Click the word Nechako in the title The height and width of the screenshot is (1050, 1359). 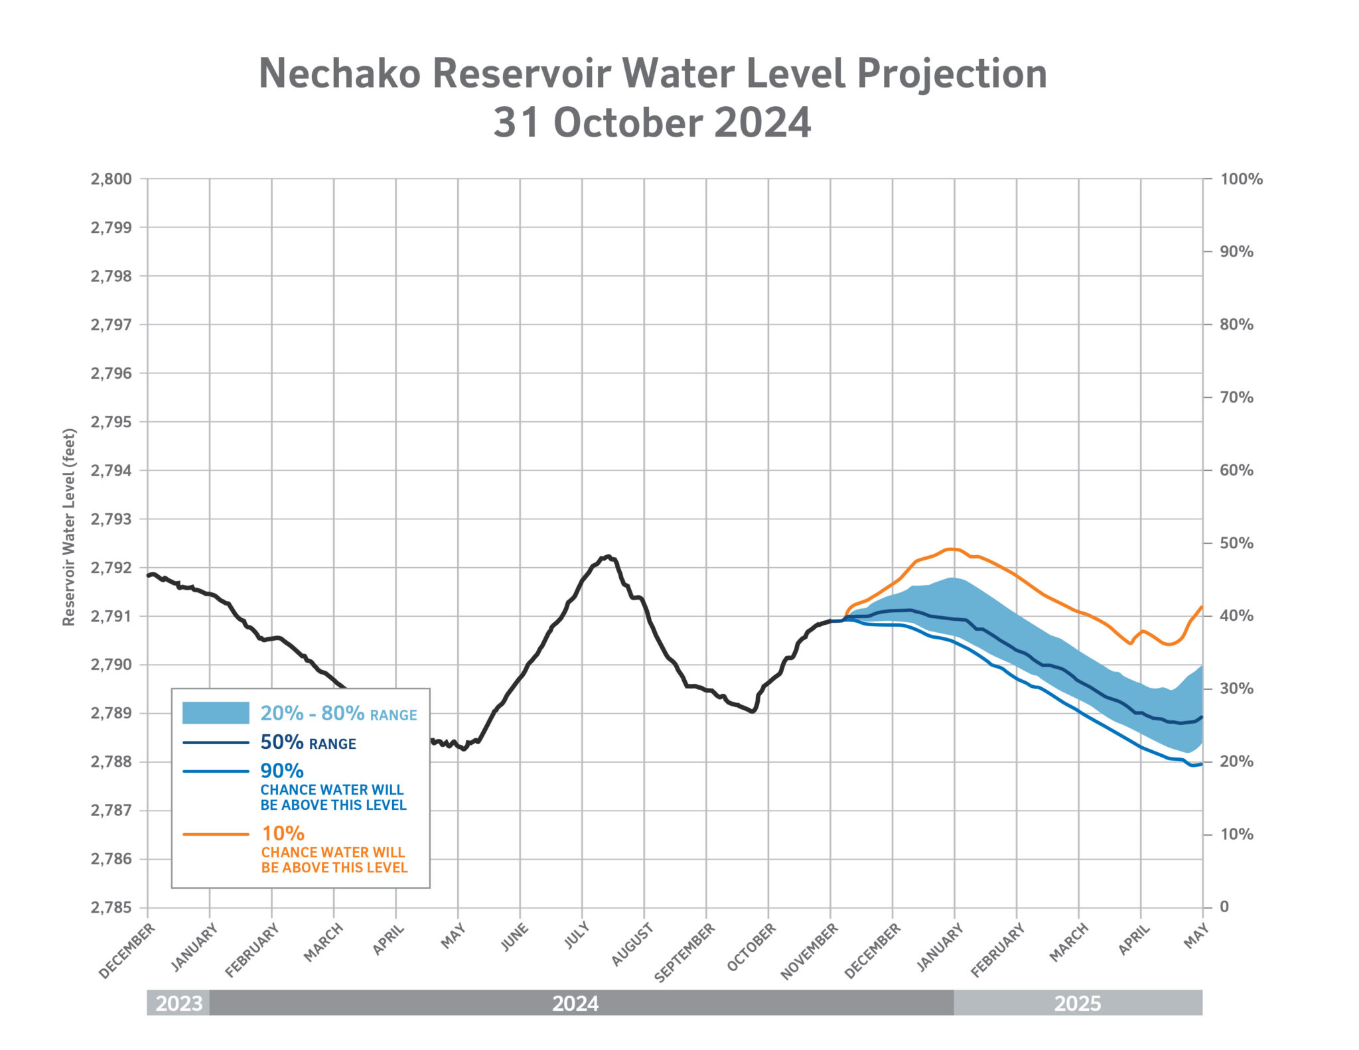click(339, 73)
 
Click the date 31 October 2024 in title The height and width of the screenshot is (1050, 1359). click(652, 123)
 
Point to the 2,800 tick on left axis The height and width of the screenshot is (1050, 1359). click(111, 179)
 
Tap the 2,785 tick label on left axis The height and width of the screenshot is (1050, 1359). click(111, 907)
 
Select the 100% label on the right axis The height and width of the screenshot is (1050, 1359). click(1241, 179)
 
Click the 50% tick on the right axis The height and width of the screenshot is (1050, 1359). click(1236, 543)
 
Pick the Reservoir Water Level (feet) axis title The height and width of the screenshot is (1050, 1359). click(69, 527)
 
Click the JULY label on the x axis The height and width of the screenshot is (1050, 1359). click(577, 936)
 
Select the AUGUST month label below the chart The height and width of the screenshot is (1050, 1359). click(632, 945)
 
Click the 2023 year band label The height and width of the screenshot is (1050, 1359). click(179, 1004)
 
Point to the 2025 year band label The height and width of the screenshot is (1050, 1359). click(1077, 1004)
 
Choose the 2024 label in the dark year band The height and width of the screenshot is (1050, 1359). click(575, 1004)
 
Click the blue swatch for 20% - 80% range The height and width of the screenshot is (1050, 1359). click(216, 712)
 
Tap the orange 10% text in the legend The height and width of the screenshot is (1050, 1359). click(283, 833)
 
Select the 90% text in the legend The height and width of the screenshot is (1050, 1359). click(282, 771)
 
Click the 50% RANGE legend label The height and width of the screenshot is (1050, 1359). click(308, 742)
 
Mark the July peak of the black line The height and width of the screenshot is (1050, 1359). click(608, 557)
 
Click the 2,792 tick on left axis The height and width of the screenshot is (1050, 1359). click(111, 568)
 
